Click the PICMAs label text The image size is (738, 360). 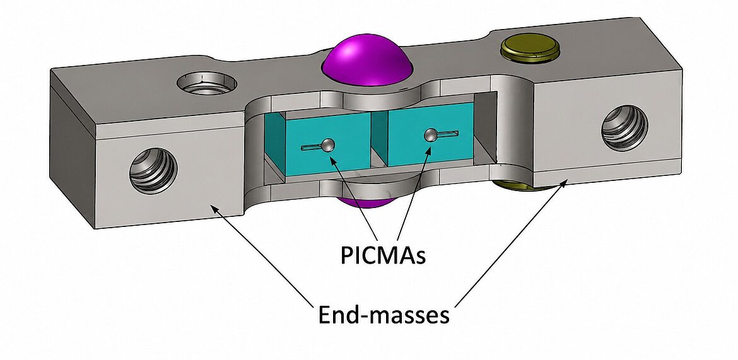(383, 256)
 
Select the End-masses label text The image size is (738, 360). (384, 315)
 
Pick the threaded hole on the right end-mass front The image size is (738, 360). (624, 127)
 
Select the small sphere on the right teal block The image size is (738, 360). (430, 136)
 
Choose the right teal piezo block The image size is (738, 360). (429, 134)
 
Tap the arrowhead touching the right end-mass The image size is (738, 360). (565, 183)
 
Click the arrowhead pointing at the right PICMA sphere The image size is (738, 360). (428, 149)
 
